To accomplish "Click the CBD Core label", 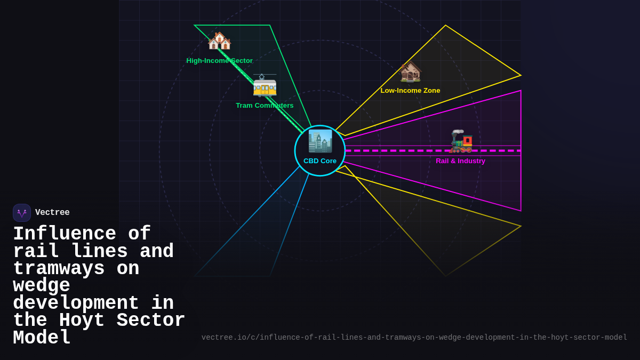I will pyautogui.click(x=320, y=161).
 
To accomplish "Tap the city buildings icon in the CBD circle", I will pyautogui.click(x=320, y=141).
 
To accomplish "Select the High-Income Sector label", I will pyautogui.click(x=219, y=61).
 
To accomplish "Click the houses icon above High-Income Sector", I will pyautogui.click(x=219, y=41).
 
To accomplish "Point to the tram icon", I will pyautogui.click(x=265, y=85).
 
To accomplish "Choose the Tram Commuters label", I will pyautogui.click(x=265, y=106).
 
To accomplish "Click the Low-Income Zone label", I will pyautogui.click(x=410, y=91).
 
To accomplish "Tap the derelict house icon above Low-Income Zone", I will pyautogui.click(x=410, y=72).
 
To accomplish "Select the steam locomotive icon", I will pyautogui.click(x=461, y=141).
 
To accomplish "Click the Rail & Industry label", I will pyautogui.click(x=460, y=161).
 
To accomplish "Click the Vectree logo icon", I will pyautogui.click(x=22, y=213).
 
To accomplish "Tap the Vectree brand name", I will pyautogui.click(x=52, y=213).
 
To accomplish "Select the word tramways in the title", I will pyautogui.click(x=59, y=269).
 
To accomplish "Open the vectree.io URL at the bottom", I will pyautogui.click(x=414, y=338).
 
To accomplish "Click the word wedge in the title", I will pyautogui.click(x=42, y=286).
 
